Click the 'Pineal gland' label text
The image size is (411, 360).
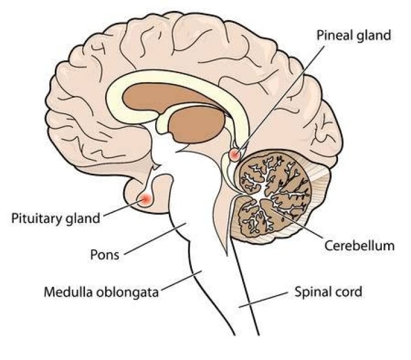point(353,35)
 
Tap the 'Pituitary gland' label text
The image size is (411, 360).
point(56,218)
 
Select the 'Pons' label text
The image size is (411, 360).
point(105,254)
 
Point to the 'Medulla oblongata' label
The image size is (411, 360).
point(100,293)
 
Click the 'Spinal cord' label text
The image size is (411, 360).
point(328,292)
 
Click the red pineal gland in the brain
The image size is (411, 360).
point(235,154)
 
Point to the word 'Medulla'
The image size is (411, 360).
point(64,293)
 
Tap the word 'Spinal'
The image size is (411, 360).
point(313,292)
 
